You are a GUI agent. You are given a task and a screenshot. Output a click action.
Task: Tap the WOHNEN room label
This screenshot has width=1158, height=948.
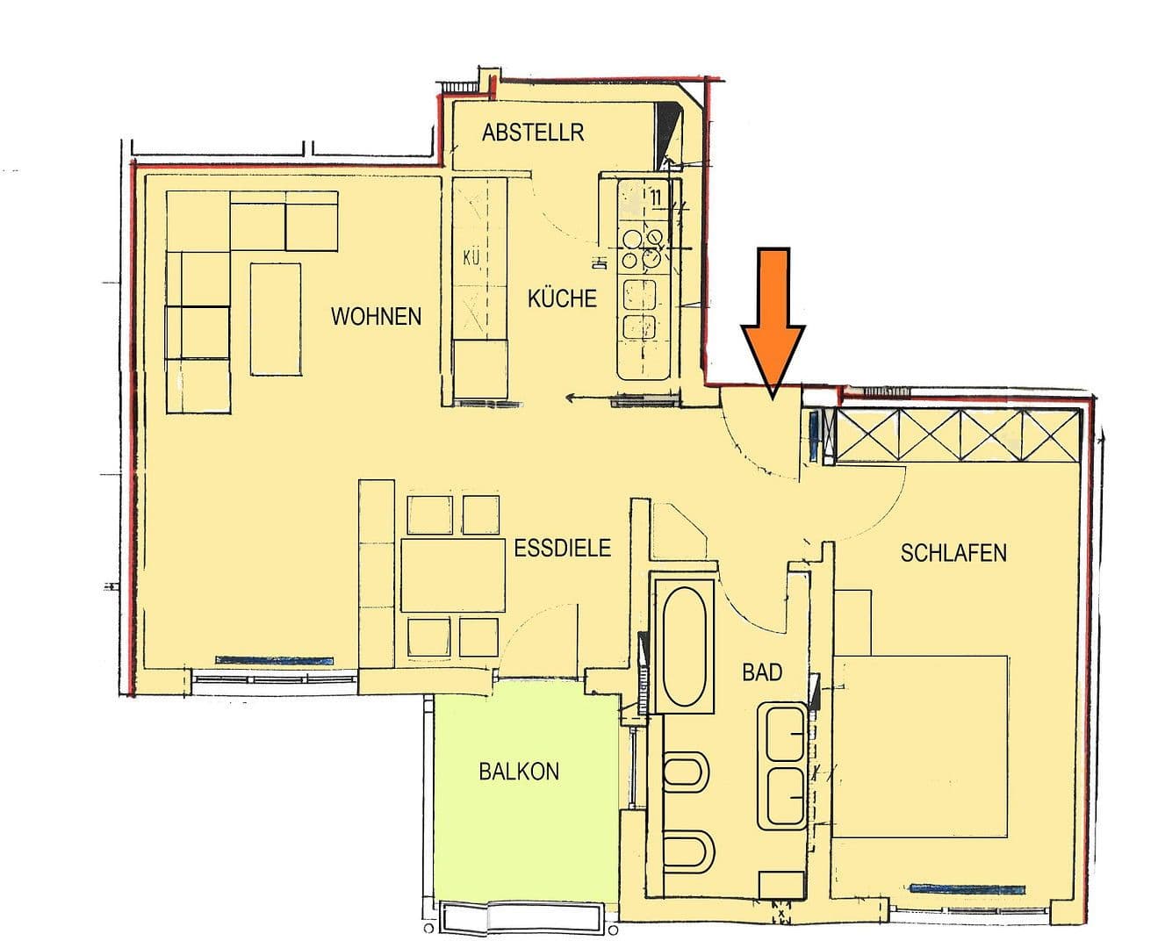(x=376, y=316)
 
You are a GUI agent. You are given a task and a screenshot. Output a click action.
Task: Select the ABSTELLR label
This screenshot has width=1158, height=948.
(x=533, y=133)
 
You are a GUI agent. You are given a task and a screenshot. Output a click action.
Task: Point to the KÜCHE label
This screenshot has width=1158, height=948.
(x=562, y=298)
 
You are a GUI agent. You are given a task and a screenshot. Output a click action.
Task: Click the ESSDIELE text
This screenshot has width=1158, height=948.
(x=562, y=549)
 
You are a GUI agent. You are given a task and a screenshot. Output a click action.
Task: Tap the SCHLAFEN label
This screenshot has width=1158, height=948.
(x=953, y=553)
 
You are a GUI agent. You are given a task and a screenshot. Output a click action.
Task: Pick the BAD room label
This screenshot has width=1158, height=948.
(x=761, y=672)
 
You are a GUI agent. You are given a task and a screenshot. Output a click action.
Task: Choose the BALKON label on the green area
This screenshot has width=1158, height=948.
(x=519, y=772)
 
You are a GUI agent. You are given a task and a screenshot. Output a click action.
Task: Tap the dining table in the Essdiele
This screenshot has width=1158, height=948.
(x=454, y=575)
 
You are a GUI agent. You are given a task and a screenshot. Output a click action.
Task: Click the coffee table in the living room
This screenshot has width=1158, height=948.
(x=276, y=318)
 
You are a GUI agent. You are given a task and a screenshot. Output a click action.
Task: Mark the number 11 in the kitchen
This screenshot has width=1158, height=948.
(x=655, y=196)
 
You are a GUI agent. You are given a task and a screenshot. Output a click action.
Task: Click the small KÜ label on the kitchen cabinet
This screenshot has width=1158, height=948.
(x=471, y=258)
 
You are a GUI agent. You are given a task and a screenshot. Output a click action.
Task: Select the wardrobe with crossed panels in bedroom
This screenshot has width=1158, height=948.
(x=957, y=434)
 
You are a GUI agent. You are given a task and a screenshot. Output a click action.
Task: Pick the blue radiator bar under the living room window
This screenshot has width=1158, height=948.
(x=275, y=659)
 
